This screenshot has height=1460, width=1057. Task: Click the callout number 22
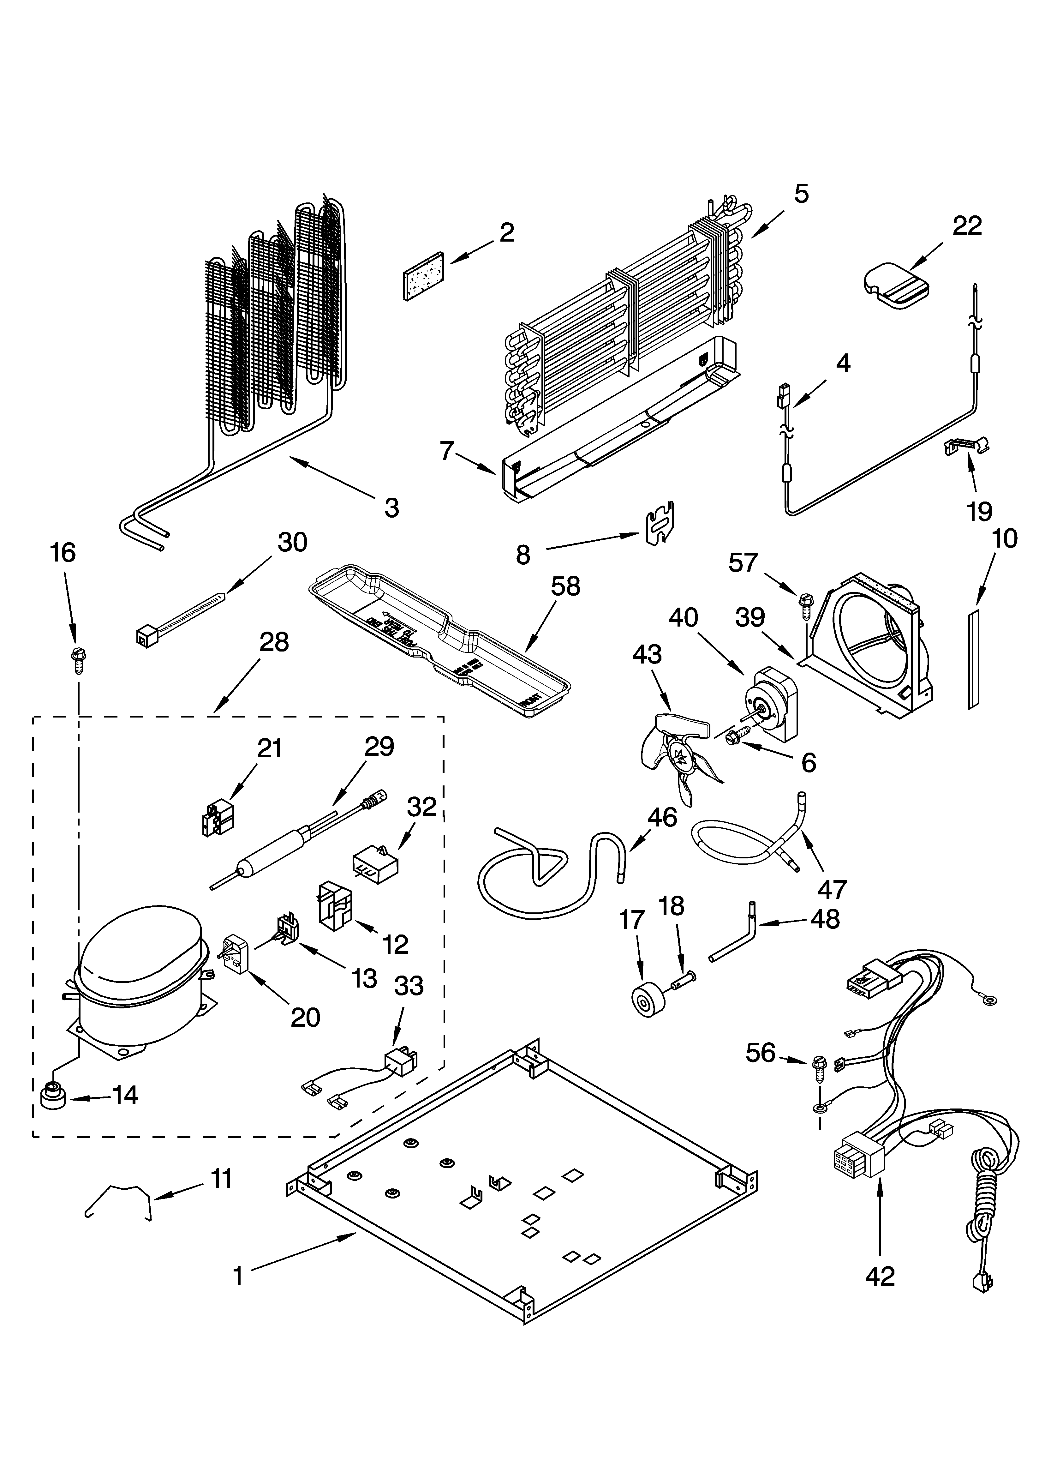tap(967, 226)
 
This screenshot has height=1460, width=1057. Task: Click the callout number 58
tap(565, 586)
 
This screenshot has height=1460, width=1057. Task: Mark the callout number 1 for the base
tap(238, 1276)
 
